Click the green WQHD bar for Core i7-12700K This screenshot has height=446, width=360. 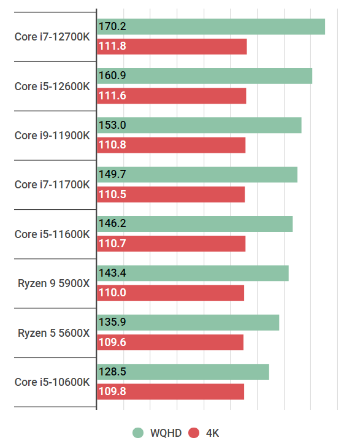coord(211,27)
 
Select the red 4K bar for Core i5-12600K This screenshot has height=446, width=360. coord(172,96)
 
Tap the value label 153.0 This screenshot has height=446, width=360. coord(112,125)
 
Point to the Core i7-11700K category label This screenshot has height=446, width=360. coord(52,185)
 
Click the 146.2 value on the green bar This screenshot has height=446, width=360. coord(112,224)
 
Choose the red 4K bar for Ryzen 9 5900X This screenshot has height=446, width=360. coord(170,293)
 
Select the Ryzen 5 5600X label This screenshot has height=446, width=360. coord(54,333)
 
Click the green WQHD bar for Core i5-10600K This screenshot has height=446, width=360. coord(183,372)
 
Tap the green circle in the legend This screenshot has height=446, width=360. coord(139,433)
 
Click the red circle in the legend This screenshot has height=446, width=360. coord(194,433)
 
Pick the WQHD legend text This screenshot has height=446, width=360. coord(166,433)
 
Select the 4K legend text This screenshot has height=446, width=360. coord(212,433)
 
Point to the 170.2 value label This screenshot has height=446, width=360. coord(112,26)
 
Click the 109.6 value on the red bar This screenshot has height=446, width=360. coord(112,342)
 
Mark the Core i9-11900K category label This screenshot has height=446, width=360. coord(52,135)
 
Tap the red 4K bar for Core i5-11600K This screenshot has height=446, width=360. coord(171,244)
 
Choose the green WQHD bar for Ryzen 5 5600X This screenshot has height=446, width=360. coord(188,323)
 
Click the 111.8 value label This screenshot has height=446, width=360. coord(112,47)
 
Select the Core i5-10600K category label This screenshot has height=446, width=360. coord(52,382)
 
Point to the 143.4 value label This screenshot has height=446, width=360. coord(112,273)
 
